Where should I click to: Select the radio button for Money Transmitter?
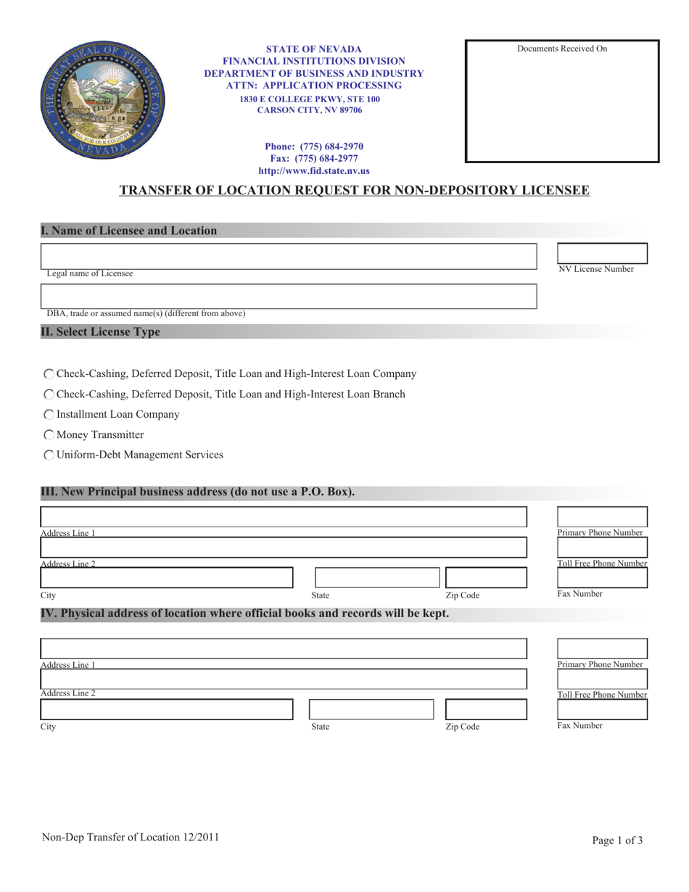(49, 435)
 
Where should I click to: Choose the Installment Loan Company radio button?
(49, 415)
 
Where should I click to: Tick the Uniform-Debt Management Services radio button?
(49, 455)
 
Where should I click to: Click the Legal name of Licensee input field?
(289, 257)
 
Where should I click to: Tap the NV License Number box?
(602, 253)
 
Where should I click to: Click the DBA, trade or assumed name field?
(289, 297)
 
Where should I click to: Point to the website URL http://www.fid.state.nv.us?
(314, 171)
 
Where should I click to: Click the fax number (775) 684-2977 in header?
(314, 159)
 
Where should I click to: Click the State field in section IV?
(371, 709)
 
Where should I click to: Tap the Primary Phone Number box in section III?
(602, 517)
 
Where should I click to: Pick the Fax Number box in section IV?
(602, 709)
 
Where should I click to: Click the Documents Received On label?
(562, 49)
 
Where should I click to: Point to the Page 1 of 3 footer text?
(616, 841)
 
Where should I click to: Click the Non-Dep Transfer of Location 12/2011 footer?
(130, 838)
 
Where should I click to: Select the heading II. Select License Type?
(100, 332)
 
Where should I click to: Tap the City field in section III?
(166, 578)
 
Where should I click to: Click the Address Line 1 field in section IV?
(284, 649)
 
